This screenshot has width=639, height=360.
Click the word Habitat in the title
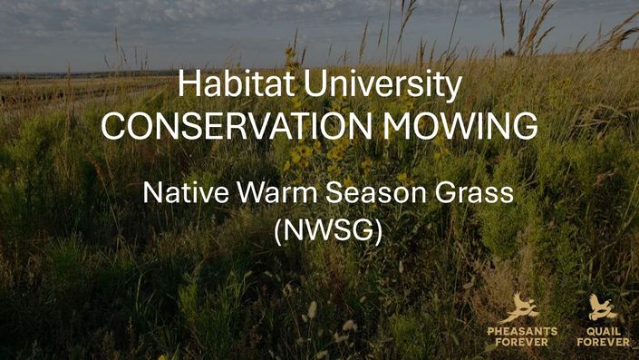point(236,83)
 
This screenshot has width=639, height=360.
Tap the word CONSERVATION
point(237,126)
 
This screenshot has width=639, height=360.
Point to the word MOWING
point(460,126)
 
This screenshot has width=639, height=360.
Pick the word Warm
point(277,192)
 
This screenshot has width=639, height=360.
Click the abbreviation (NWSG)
point(328,230)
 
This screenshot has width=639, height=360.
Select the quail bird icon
point(603,307)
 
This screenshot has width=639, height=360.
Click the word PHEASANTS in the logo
point(522,332)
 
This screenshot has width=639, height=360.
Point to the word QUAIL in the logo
point(604,332)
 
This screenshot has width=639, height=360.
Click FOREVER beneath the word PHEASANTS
point(522,342)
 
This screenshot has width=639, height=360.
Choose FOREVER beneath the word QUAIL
point(604,342)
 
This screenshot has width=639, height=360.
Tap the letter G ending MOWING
point(526,126)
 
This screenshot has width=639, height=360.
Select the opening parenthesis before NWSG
point(278,232)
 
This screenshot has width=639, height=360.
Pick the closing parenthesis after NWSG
point(378,232)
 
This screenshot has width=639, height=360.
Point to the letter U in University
point(315,84)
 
